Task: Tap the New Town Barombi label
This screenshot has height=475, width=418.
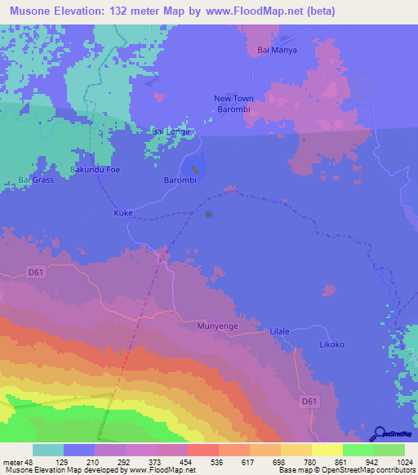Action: point(233,104)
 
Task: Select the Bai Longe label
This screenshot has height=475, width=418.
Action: point(171,131)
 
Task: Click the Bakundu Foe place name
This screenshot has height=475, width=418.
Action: point(96,170)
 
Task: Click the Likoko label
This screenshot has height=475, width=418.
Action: point(331,344)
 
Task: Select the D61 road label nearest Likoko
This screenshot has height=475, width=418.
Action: point(307,401)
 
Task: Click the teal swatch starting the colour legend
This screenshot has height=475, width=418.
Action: point(47,450)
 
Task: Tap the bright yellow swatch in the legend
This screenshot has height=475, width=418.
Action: point(327,450)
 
